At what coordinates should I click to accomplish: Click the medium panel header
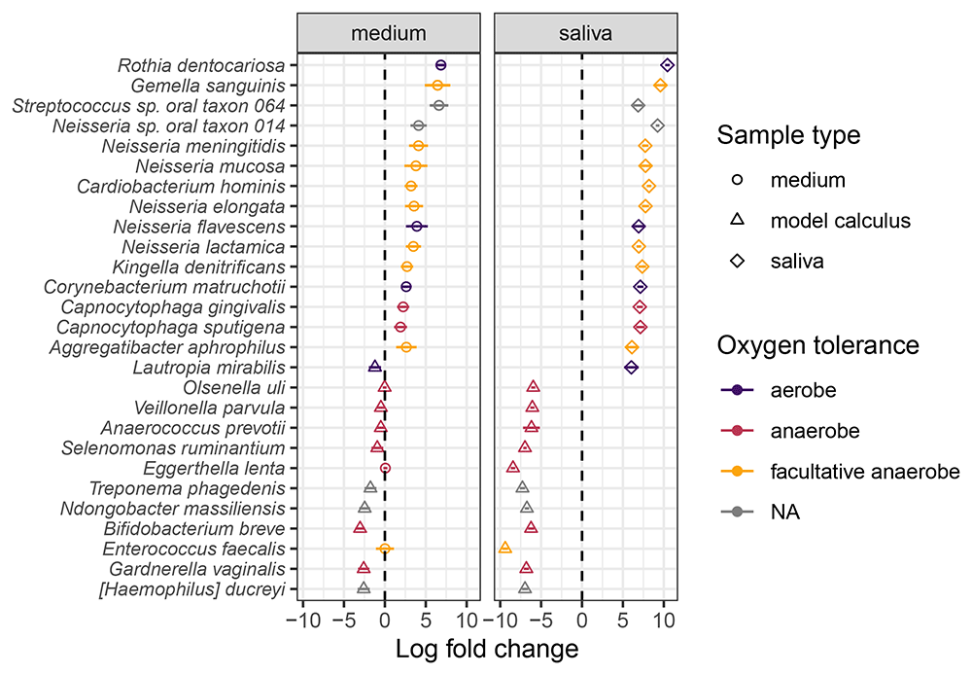(x=389, y=33)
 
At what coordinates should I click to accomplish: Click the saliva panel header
(x=585, y=33)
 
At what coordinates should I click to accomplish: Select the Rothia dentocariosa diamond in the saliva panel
(x=668, y=65)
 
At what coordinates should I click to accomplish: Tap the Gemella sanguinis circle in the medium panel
(x=437, y=86)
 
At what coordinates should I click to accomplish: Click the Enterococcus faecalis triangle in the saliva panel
(x=505, y=548)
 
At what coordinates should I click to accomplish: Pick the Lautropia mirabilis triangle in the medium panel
(x=374, y=366)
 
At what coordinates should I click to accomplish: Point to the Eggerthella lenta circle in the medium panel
(x=385, y=469)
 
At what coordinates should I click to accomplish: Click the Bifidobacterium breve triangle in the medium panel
(x=361, y=527)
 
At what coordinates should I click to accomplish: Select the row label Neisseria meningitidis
(x=194, y=147)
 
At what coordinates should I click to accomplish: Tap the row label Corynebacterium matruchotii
(x=165, y=287)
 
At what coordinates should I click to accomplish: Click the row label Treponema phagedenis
(x=188, y=489)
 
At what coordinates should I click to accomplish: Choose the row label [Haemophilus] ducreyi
(x=192, y=589)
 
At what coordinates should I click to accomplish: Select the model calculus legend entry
(x=820, y=220)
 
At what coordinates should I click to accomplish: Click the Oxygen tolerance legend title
(x=818, y=345)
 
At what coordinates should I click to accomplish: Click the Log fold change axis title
(x=487, y=650)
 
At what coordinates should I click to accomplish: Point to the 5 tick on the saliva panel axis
(x=623, y=621)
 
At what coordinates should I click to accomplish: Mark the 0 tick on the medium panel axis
(x=385, y=621)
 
